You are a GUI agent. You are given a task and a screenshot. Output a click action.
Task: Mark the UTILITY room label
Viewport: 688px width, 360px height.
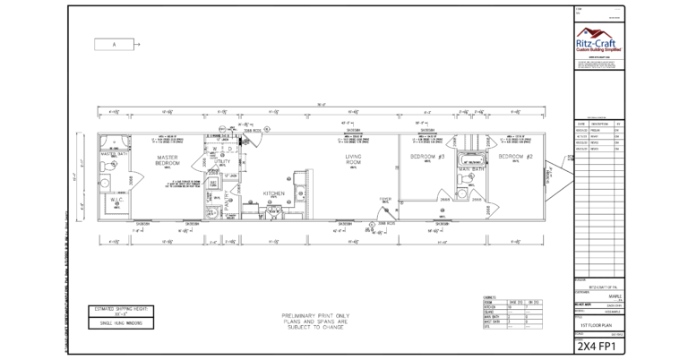pyautogui.click(x=222, y=160)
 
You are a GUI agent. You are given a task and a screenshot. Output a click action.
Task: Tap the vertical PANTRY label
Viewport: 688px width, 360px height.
pyautogui.click(x=228, y=202)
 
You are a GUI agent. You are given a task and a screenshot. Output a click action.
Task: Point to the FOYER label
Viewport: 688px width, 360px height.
pyautogui.click(x=385, y=199)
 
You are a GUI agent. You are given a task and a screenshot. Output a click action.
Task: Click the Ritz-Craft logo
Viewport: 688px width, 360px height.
pyautogui.click(x=598, y=40)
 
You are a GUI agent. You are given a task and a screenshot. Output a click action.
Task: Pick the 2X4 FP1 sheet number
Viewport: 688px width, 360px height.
pyautogui.click(x=598, y=345)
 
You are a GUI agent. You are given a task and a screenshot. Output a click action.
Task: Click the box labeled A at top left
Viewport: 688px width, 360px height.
pyautogui.click(x=115, y=43)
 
